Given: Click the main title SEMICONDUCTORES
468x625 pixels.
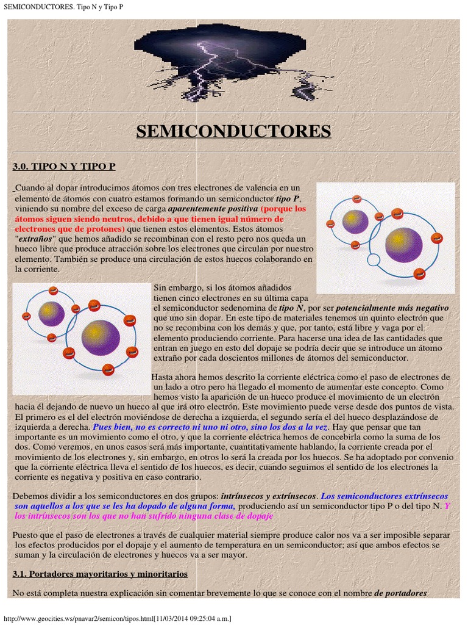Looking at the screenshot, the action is pyautogui.click(x=233, y=131).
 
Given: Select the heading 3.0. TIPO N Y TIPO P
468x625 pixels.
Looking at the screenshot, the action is pyautogui.click(x=64, y=167).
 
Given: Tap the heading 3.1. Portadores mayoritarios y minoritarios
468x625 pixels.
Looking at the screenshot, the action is pyautogui.click(x=100, y=574).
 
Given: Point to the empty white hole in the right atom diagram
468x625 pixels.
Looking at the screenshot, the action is pyautogui.click(x=374, y=261).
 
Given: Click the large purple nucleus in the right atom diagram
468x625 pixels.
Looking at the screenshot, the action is pyautogui.click(x=403, y=244).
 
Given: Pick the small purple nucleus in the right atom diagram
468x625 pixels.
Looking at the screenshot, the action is pyautogui.click(x=355, y=221).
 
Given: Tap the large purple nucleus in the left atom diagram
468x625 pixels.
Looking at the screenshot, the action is pyautogui.click(x=101, y=336).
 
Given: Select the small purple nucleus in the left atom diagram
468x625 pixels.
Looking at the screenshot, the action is pyautogui.click(x=51, y=314).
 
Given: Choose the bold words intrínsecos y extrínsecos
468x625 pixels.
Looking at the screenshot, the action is pyautogui.click(x=268, y=497).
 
